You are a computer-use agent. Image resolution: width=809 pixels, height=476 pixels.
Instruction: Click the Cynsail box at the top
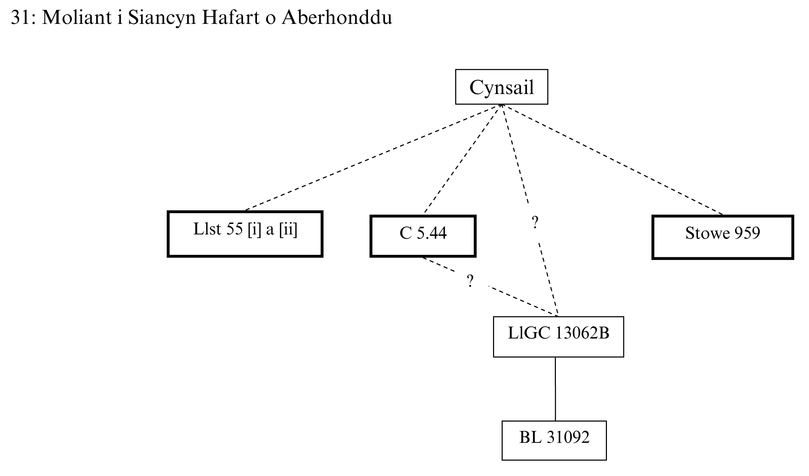click(501, 87)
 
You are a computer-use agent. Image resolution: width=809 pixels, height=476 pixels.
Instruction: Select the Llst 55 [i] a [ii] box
click(245, 234)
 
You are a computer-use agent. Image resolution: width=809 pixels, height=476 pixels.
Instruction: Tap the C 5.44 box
click(423, 236)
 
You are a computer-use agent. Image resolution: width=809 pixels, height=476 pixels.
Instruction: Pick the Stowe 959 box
click(723, 237)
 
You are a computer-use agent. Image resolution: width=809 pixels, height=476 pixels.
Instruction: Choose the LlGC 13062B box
click(558, 336)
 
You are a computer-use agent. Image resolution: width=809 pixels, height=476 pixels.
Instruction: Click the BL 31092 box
click(554, 440)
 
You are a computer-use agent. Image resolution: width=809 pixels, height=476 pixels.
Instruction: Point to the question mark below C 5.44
click(470, 281)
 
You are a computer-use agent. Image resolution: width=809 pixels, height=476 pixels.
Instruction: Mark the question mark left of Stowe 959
click(535, 222)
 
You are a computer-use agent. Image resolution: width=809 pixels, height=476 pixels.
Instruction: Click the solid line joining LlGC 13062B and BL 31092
click(555, 389)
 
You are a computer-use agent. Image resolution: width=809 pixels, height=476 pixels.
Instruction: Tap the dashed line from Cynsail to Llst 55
click(372, 158)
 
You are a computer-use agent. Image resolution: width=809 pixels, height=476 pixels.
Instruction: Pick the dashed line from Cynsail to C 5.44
click(462, 158)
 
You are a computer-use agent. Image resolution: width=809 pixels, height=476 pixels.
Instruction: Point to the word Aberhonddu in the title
click(337, 17)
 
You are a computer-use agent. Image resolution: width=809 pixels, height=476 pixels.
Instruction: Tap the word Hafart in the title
click(231, 17)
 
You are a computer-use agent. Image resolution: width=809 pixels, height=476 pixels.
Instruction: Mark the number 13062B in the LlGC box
click(582, 333)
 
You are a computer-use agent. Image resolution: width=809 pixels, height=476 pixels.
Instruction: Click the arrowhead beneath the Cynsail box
click(501, 106)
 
